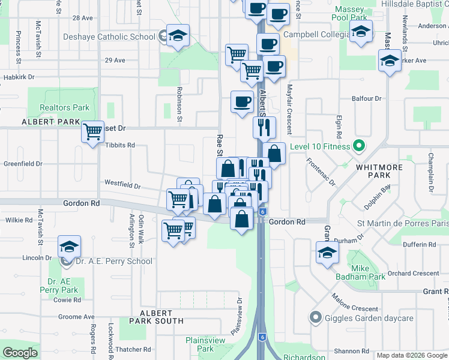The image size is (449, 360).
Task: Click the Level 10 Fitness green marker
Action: click(359, 146)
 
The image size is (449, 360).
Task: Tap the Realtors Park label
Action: click(64, 108)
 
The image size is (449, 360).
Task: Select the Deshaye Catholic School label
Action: click(109, 37)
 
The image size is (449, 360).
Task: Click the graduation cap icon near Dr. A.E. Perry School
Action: click(69, 247)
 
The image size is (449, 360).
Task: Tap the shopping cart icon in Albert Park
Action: click(92, 131)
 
